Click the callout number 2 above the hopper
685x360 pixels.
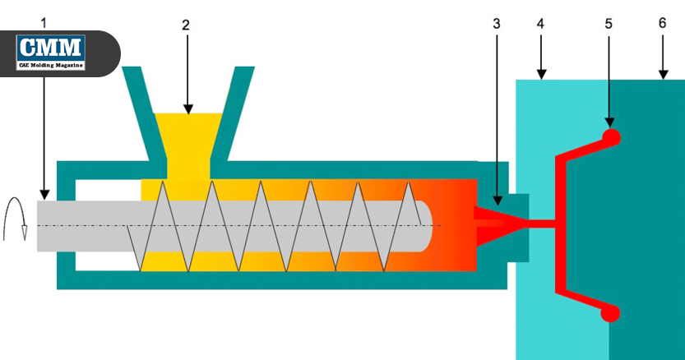pyautogui.click(x=186, y=25)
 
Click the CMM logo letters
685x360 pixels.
pyautogui.click(x=51, y=46)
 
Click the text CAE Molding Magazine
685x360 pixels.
pyautogui.click(x=51, y=64)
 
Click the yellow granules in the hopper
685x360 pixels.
pyautogui.click(x=188, y=136)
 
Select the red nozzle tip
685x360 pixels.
pyautogui.click(x=493, y=223)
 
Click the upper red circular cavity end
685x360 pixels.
pyautogui.click(x=610, y=138)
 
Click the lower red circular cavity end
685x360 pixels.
pyautogui.click(x=610, y=312)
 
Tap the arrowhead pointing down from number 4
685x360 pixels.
pyautogui.click(x=540, y=75)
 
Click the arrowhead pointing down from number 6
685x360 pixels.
pyautogui.click(x=662, y=75)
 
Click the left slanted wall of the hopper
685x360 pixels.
pyautogui.click(x=139, y=111)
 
